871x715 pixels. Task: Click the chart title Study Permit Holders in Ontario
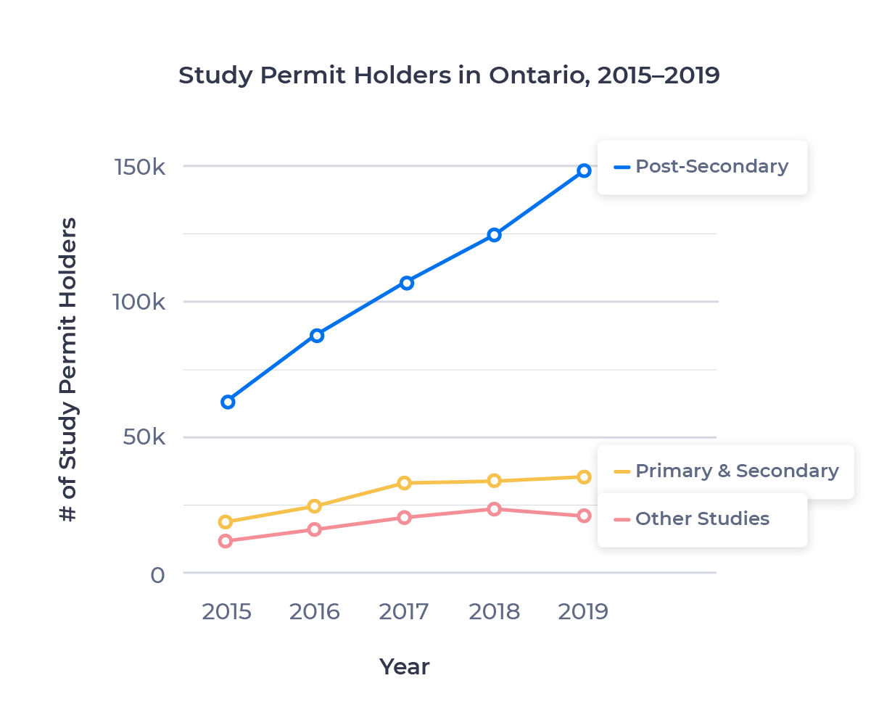pos(449,75)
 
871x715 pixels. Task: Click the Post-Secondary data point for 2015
pos(228,402)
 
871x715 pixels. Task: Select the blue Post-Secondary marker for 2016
pos(317,335)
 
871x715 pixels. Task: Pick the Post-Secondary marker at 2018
pos(495,235)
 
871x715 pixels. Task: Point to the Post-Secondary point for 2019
pos(584,171)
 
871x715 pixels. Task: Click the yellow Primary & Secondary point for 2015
pos(226,521)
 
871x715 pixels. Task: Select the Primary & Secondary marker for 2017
pos(405,483)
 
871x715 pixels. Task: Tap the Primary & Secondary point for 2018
pos(495,480)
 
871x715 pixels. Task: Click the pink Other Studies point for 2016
pos(315,529)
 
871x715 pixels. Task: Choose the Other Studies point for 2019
pos(584,516)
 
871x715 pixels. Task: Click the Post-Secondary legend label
pos(711,166)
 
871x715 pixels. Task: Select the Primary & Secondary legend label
pos(736,471)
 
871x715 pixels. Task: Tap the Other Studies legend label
pos(701,518)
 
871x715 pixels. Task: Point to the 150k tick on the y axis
pos(141,167)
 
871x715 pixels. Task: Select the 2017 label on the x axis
pos(404,612)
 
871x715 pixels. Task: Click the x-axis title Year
pos(404,666)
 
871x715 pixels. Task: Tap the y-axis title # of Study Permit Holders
pos(68,370)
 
